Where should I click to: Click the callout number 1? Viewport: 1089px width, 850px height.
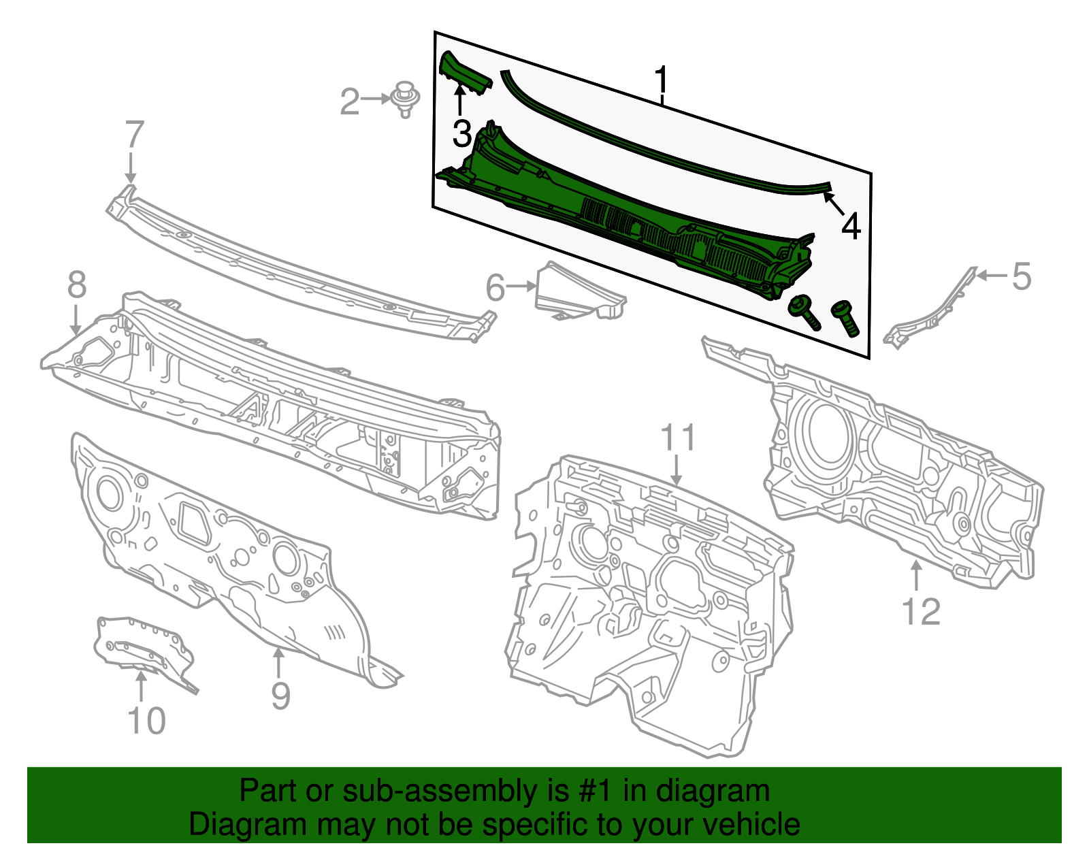(661, 80)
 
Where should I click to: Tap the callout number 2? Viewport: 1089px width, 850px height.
(350, 101)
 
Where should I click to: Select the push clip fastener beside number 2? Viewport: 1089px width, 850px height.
(405, 99)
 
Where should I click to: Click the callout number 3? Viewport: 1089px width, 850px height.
(462, 133)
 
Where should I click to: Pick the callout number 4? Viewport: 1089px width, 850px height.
(851, 227)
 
